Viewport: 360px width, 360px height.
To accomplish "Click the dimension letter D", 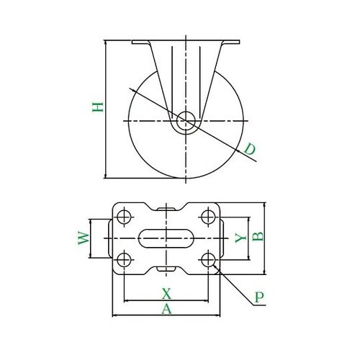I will point(248,150).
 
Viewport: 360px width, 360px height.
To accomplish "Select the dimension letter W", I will point(84,238).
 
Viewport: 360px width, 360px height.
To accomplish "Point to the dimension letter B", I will point(263,236).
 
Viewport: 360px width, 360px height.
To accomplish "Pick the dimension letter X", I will point(166,293).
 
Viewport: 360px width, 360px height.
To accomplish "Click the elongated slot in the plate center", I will point(166,238).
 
